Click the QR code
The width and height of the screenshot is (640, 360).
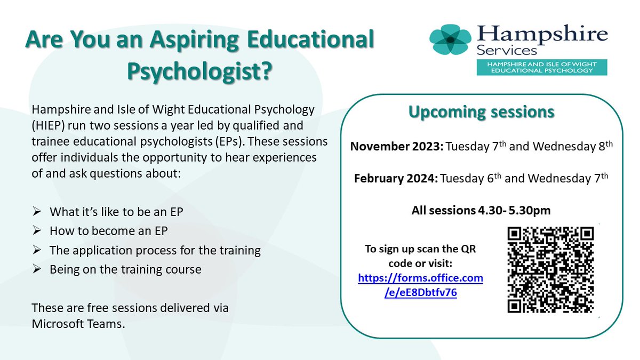pyautogui.click(x=550, y=269)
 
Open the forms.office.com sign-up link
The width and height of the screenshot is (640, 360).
pyautogui.click(x=420, y=285)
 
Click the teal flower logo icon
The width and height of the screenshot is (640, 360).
pyautogui.click(x=451, y=39)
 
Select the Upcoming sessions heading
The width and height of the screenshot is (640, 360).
pyautogui.click(x=481, y=113)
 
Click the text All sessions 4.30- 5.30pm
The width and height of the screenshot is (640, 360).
pyautogui.click(x=481, y=211)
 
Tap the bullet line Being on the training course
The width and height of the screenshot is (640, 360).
pyautogui.click(x=125, y=269)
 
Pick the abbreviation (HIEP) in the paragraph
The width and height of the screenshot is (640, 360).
pyautogui.click(x=49, y=127)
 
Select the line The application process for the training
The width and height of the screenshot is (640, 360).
pyautogui.click(x=155, y=250)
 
